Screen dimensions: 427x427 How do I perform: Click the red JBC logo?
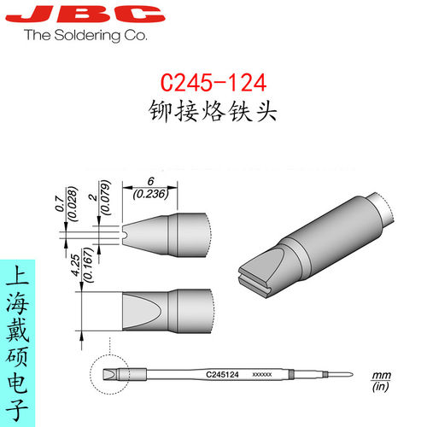pyautogui.click(x=83, y=15)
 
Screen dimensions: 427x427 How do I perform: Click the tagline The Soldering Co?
pyautogui.click(x=85, y=36)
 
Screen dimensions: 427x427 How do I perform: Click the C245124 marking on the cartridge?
pyautogui.click(x=223, y=374)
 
